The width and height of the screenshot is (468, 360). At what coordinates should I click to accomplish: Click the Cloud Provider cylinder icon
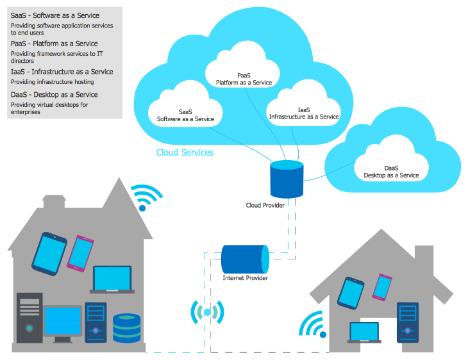(286, 180)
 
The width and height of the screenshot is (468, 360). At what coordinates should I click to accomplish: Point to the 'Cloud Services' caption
(185, 153)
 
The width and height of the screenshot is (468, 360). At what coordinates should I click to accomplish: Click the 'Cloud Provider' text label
(265, 206)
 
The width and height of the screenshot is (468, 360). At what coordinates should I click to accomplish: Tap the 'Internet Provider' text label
(245, 278)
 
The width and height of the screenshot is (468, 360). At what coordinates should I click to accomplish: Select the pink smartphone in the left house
(80, 253)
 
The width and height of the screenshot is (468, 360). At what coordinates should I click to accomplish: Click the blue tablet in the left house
(49, 252)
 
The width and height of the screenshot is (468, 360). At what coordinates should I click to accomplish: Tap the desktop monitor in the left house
(62, 323)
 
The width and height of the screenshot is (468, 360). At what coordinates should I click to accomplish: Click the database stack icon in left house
(126, 327)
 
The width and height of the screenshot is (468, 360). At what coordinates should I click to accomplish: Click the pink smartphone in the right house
(382, 288)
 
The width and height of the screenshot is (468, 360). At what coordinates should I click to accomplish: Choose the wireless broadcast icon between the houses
(207, 313)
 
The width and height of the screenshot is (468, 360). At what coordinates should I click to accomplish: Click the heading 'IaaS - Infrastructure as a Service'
(62, 72)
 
